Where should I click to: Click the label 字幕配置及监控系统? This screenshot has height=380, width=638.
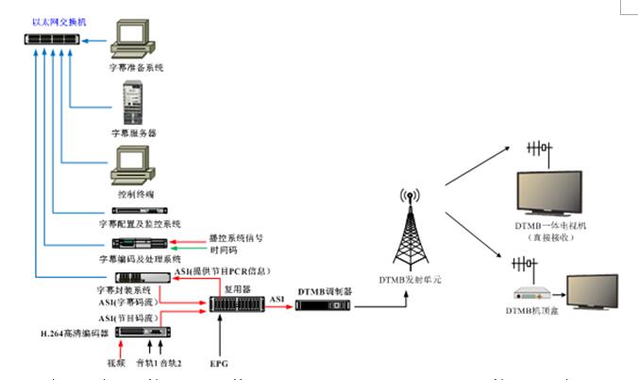[139, 224]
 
